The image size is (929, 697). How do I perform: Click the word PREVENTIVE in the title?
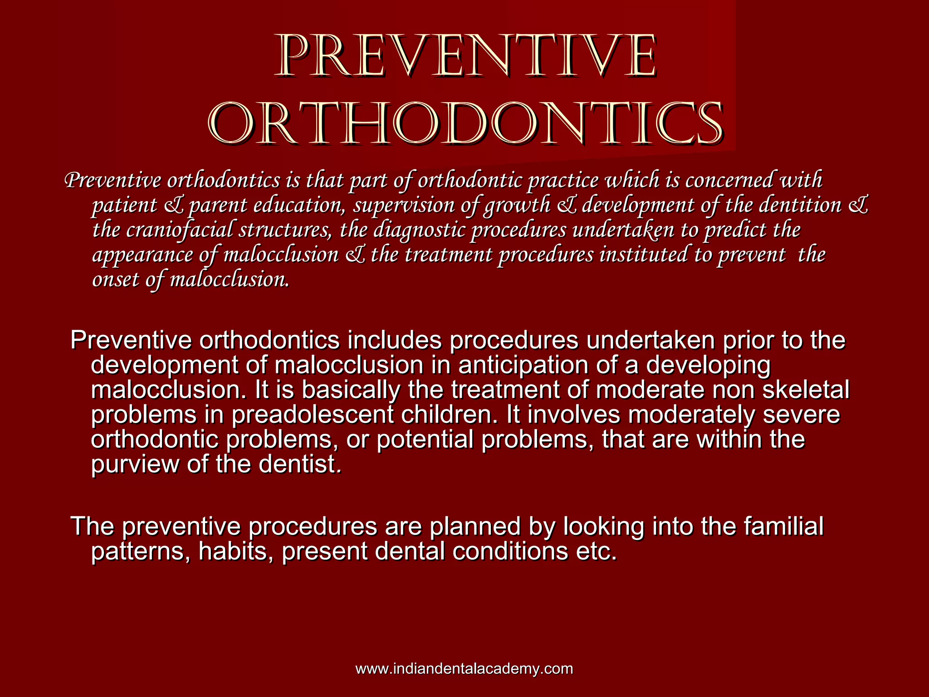click(465, 56)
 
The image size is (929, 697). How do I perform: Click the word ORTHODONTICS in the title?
click(465, 124)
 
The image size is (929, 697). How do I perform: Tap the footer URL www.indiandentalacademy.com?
click(464, 669)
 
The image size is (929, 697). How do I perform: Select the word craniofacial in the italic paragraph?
click(179, 230)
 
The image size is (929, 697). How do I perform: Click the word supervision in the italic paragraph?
click(404, 205)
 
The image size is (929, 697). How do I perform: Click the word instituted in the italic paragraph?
click(644, 254)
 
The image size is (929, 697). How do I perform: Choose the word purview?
click(135, 464)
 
